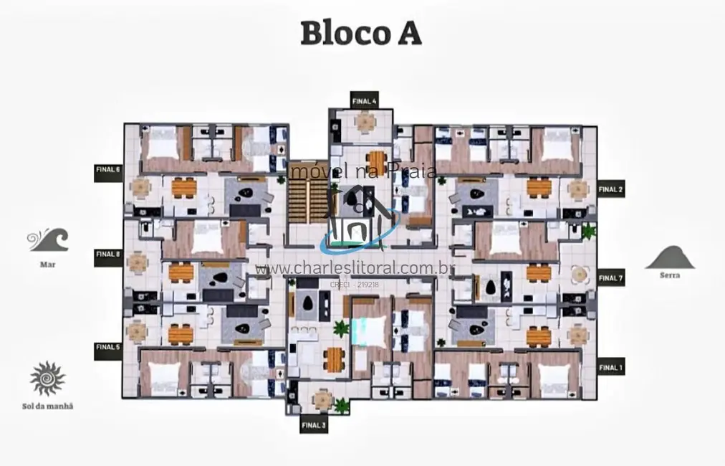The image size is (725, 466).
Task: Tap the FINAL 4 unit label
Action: [x=365, y=101]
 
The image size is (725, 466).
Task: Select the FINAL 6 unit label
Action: [x=108, y=170]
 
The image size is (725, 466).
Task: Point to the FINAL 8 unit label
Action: [x=108, y=254]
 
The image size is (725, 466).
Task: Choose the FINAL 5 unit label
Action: [x=108, y=347]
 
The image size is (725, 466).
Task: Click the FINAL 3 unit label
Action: [x=314, y=424]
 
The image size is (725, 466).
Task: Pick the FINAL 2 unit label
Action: [x=611, y=189]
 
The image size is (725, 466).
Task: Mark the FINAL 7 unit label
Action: [x=611, y=278]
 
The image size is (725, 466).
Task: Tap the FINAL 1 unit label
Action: [x=611, y=368]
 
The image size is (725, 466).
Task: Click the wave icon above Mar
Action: [x=48, y=239]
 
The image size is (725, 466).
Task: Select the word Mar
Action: [x=48, y=264]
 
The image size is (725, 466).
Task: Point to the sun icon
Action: [x=48, y=379]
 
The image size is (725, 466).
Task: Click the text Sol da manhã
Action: [x=48, y=406]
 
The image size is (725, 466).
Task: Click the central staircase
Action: [x=306, y=200]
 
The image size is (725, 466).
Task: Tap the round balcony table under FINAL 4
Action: [x=365, y=123]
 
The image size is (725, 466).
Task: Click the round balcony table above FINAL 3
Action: [x=323, y=398]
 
